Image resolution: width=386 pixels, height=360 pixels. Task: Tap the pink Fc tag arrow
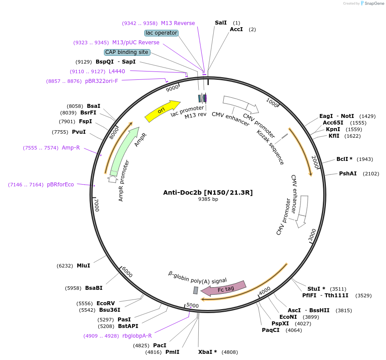[x=224, y=289]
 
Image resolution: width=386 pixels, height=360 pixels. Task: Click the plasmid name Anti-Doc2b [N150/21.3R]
[x=208, y=192]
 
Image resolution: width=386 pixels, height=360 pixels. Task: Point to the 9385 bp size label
[x=208, y=199]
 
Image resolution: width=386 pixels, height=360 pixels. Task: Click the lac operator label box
[x=161, y=33]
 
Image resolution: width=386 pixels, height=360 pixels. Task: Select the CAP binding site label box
[x=127, y=52]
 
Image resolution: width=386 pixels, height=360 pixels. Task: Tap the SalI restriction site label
[x=221, y=23]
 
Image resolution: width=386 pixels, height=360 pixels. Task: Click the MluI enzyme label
[x=83, y=266]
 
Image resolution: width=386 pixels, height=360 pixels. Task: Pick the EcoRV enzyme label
[x=105, y=303]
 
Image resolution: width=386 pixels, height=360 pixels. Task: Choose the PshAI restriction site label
[x=347, y=174]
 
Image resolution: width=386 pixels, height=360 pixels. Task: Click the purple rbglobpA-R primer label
[x=137, y=336]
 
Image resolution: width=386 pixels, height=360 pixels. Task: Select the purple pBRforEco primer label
[x=61, y=185]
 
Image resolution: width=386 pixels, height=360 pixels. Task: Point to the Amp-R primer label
[x=71, y=148]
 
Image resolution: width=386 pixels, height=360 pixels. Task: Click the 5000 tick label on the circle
[x=193, y=305]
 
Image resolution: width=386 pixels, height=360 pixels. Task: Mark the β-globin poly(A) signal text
[x=197, y=278]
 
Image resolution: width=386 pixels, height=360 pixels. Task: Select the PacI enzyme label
[x=160, y=346]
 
